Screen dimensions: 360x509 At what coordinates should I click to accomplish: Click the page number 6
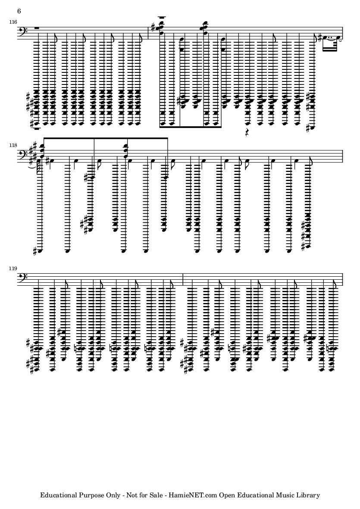point(19,11)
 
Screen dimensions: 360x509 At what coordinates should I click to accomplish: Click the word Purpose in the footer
point(91,495)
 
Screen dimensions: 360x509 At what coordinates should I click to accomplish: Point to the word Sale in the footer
point(156,495)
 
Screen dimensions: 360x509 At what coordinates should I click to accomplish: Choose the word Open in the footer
point(227,495)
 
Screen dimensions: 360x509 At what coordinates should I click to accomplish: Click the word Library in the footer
point(308,495)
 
